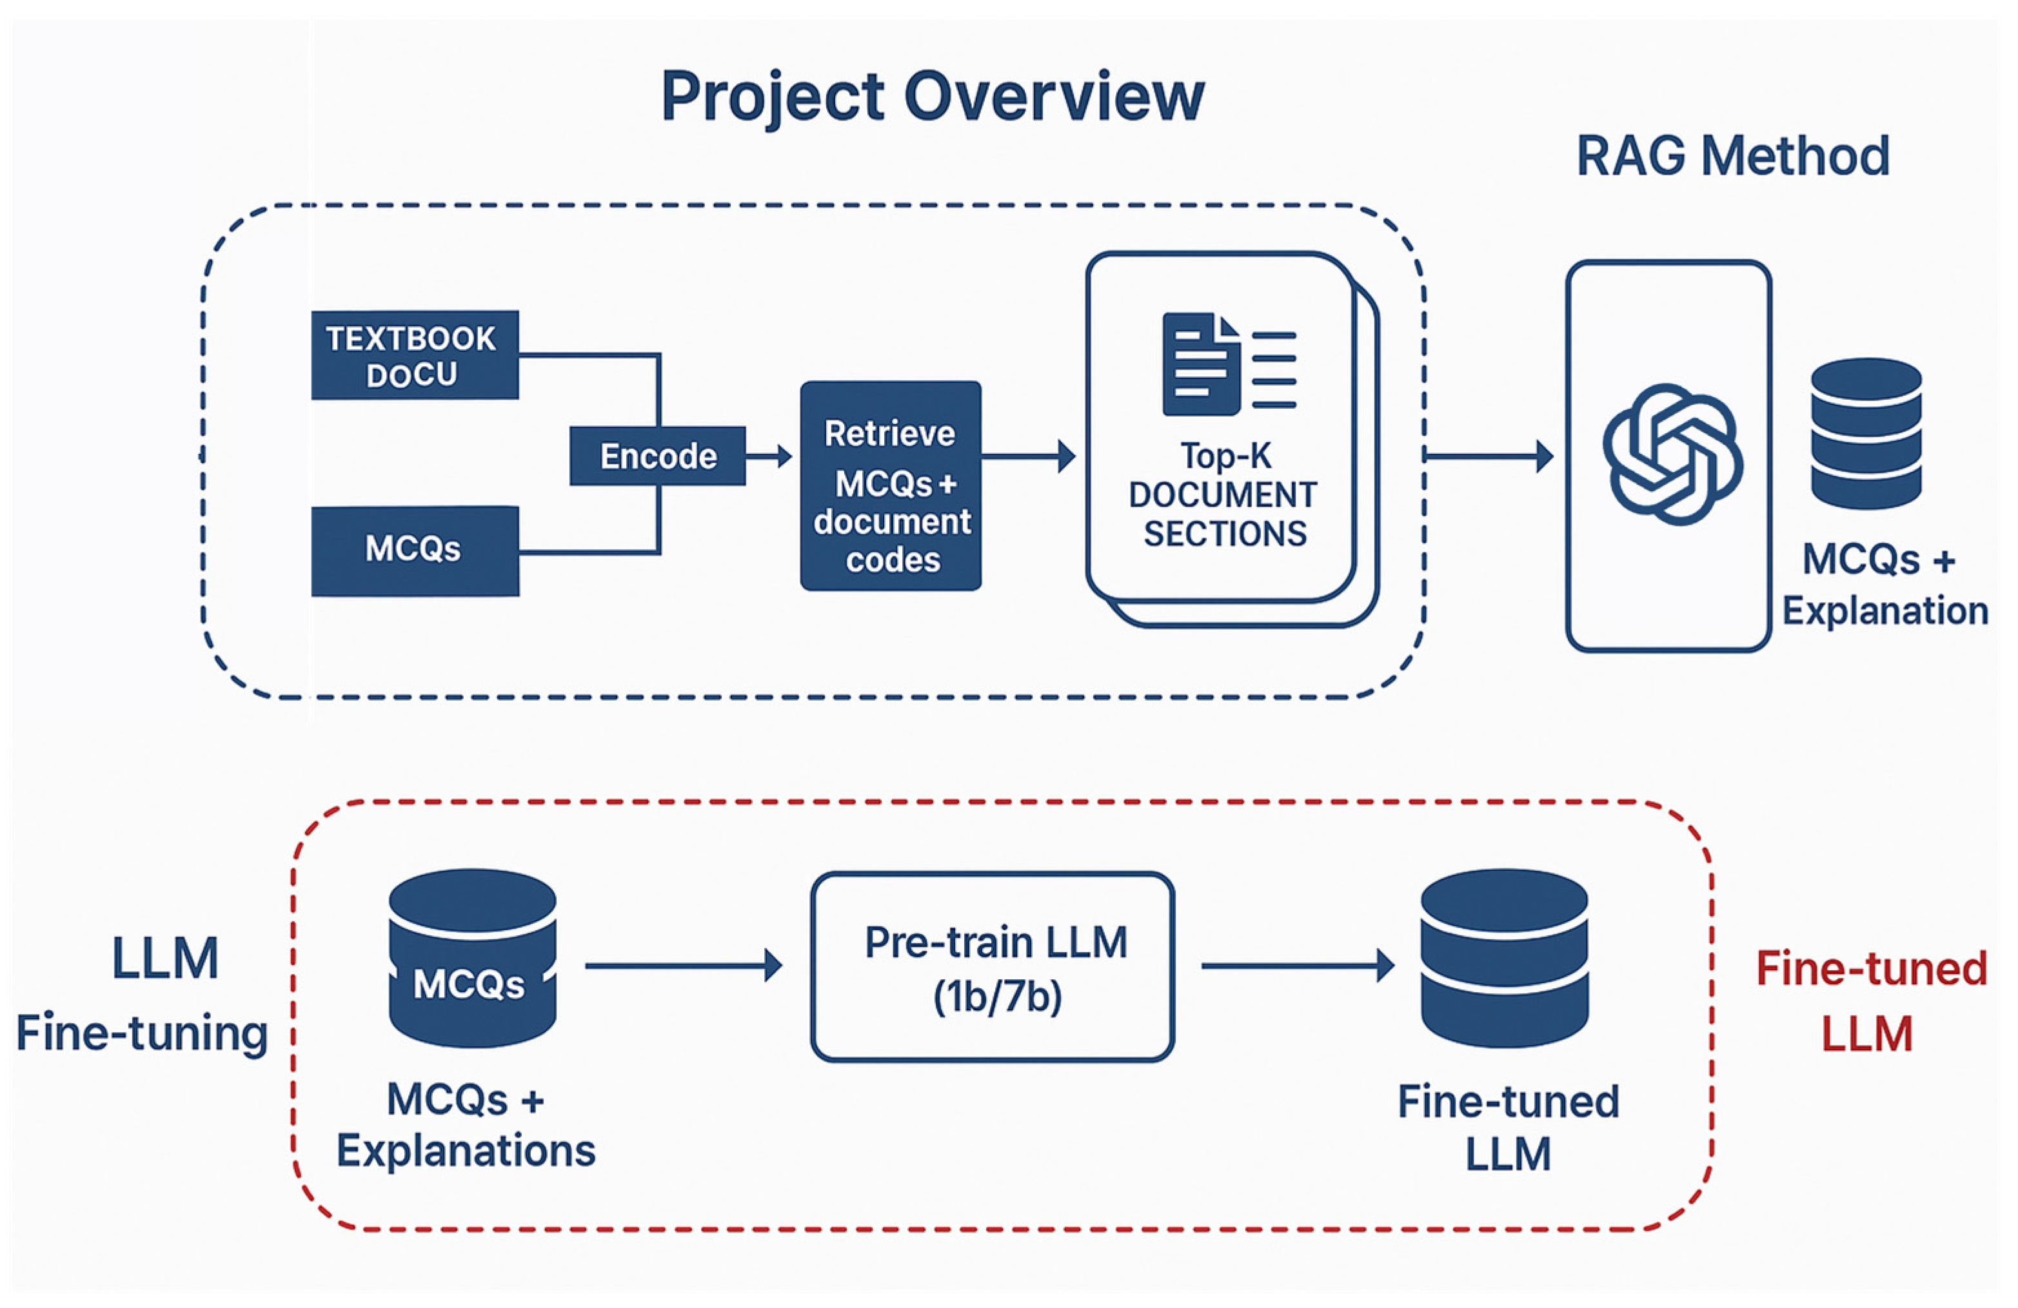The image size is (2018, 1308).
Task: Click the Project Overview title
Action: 932,97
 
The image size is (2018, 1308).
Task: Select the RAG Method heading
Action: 1732,157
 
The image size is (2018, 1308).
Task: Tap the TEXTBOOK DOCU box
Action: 414,355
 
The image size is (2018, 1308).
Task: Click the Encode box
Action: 657,456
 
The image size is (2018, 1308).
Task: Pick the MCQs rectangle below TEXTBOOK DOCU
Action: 414,550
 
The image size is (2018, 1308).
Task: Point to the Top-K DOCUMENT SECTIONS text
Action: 1223,495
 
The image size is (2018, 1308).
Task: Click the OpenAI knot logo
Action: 1671,455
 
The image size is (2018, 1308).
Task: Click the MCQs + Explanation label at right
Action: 1884,585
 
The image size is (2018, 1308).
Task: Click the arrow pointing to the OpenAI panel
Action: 1490,457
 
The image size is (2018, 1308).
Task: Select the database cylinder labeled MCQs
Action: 471,957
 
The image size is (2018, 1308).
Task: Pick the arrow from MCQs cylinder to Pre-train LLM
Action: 682,966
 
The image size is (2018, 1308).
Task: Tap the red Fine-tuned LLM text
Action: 1870,1001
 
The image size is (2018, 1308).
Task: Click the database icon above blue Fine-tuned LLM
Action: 1503,957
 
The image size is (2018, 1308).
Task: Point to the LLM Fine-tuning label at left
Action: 143,995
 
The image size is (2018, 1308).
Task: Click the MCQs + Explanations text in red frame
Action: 466,1125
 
